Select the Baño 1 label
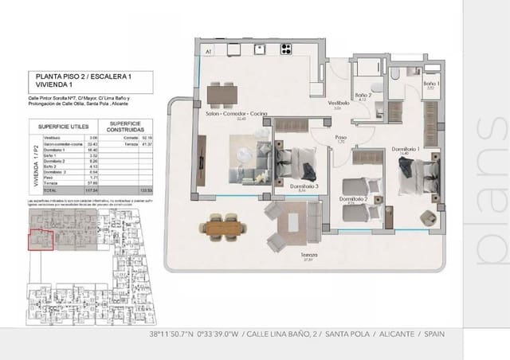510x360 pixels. click(x=430, y=84)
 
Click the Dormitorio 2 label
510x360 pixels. click(x=352, y=198)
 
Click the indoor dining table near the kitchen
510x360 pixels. click(x=224, y=95)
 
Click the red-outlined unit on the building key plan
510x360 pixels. click(x=41, y=238)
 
